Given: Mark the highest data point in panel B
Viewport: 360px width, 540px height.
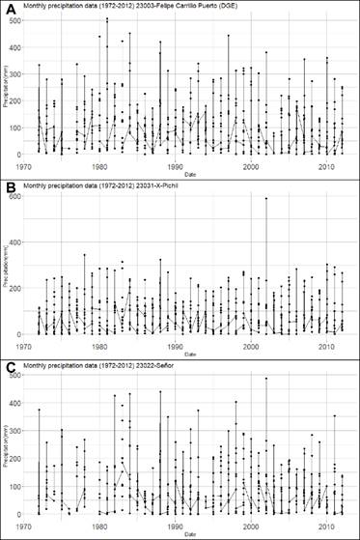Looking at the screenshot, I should (x=266, y=199).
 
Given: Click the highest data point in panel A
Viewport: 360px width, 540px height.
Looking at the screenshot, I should (x=107, y=18).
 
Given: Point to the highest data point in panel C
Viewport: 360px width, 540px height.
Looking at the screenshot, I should (x=266, y=379).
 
